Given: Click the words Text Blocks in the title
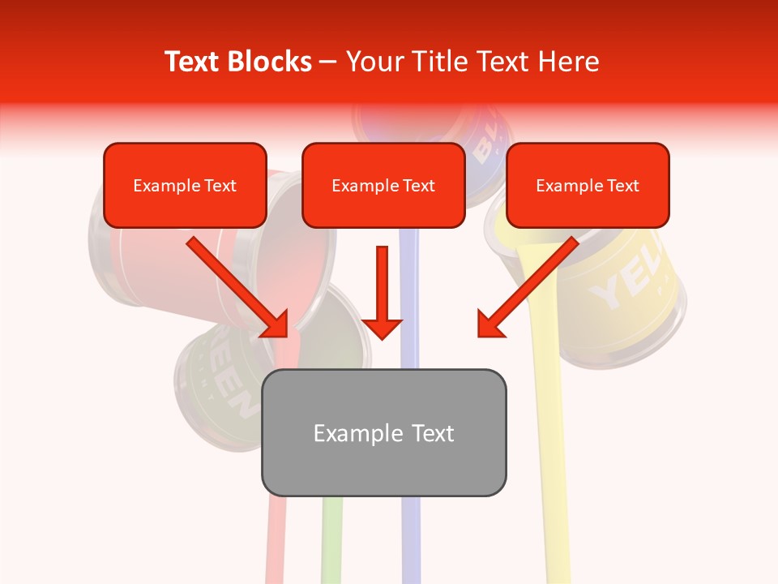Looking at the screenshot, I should (237, 62).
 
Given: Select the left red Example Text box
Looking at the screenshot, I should (185, 185).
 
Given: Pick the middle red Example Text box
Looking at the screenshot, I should (383, 185).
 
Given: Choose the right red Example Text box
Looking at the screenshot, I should (588, 185).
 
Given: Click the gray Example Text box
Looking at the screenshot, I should (383, 432).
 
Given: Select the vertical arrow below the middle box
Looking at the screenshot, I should (382, 292).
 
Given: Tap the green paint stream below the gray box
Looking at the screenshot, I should (331, 539).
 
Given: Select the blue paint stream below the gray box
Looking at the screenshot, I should (411, 539).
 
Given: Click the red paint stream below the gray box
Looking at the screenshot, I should (276, 539).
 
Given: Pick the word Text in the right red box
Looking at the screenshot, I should (622, 186).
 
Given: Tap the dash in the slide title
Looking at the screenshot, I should (328, 62).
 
